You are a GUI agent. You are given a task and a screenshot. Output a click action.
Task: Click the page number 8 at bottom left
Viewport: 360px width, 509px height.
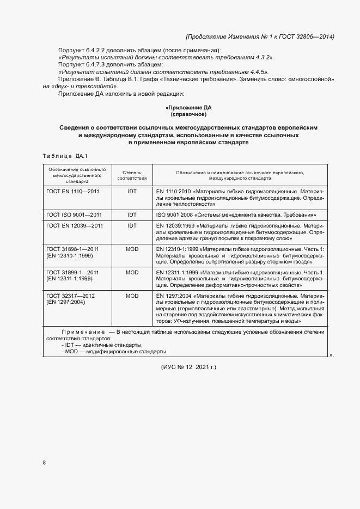click(x=44, y=463)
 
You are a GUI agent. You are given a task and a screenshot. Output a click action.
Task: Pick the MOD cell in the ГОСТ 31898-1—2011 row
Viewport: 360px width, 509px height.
click(x=132, y=249)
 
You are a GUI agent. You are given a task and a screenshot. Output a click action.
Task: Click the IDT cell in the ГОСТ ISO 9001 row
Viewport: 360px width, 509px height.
click(x=132, y=214)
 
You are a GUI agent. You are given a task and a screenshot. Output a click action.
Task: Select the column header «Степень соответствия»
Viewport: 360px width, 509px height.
click(x=132, y=175)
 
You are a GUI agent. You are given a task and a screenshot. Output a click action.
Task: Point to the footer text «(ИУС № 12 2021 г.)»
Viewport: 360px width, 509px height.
click(x=189, y=367)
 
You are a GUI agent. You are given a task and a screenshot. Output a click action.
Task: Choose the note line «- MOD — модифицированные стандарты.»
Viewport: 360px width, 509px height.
click(x=114, y=352)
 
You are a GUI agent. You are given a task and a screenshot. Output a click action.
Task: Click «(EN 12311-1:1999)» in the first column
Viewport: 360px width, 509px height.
click(x=70, y=279)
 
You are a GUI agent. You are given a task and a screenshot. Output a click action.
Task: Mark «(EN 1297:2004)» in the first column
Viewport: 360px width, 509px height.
click(x=66, y=302)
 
